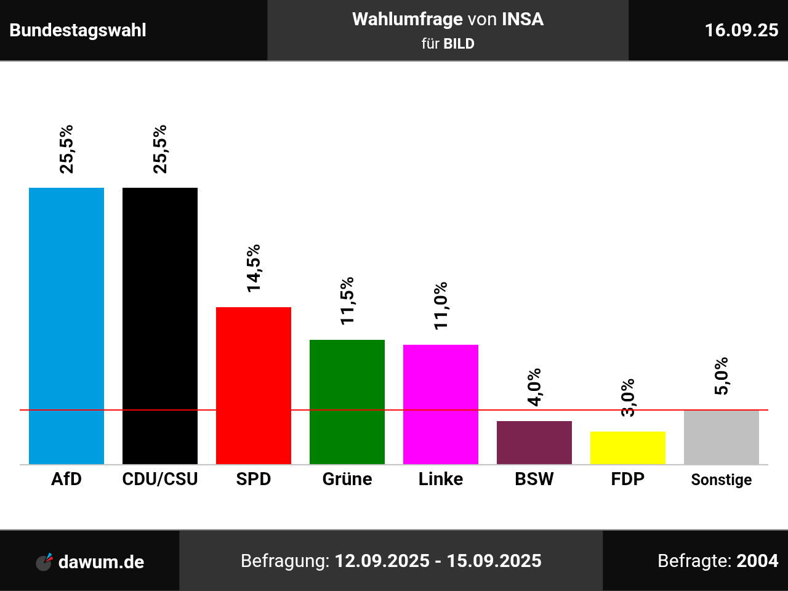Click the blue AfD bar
(x=66, y=326)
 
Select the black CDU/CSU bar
(x=160, y=326)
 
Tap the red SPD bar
(x=254, y=385)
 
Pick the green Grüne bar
(x=347, y=401)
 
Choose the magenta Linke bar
(x=441, y=404)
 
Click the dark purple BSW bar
(x=534, y=442)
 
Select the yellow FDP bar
(x=628, y=448)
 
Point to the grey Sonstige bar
(x=722, y=437)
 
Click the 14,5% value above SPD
(x=254, y=268)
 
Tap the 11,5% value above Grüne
(x=347, y=300)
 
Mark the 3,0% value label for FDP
(x=628, y=398)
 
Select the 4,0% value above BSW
(x=534, y=387)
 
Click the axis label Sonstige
(x=722, y=480)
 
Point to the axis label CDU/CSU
(x=160, y=479)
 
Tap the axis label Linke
(x=441, y=479)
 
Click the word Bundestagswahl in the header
(x=78, y=30)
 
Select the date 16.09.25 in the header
(x=741, y=30)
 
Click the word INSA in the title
(x=523, y=19)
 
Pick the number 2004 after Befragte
(x=757, y=561)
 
